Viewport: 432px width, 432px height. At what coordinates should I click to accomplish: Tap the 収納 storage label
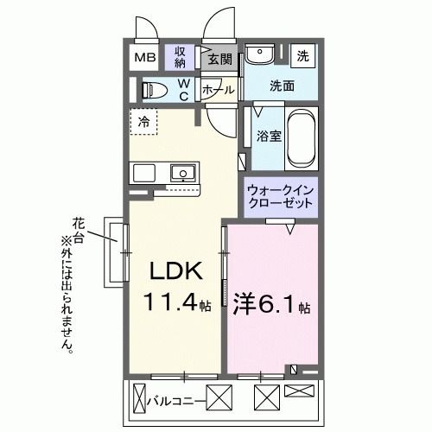point(180,57)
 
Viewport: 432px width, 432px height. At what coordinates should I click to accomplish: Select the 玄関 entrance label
point(219,60)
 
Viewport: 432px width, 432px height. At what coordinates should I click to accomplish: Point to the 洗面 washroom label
point(281,86)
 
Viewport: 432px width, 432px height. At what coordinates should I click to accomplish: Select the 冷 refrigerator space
point(144,122)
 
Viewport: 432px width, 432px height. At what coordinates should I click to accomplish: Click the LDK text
point(177,272)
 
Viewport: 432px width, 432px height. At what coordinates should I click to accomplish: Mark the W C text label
point(183,89)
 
